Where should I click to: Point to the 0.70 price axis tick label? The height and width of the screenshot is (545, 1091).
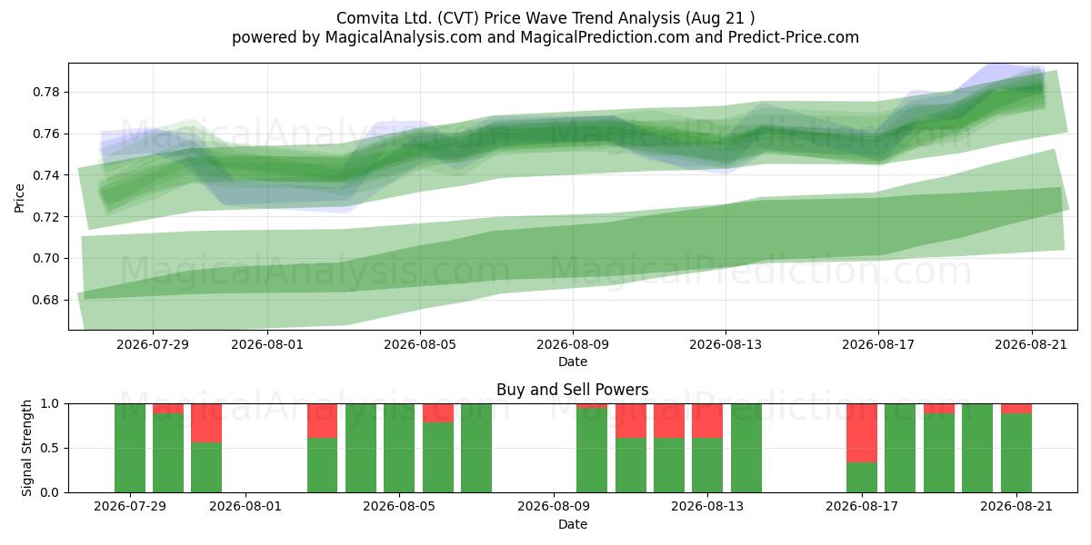pos(45,258)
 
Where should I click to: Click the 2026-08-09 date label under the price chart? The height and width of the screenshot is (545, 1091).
pos(573,344)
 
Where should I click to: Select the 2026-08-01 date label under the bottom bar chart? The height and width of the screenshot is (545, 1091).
pos(245,506)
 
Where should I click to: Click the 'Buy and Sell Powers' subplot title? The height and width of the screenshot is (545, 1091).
pos(572,390)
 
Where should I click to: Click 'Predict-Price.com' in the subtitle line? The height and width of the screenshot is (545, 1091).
pos(794,37)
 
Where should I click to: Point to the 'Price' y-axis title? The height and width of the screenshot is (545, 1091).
pos(19,198)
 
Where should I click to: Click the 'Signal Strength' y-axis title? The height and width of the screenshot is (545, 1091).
pos(26,448)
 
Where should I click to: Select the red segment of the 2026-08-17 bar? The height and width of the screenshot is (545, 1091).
pos(862,433)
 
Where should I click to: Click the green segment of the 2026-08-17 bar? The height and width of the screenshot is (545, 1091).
pos(862,478)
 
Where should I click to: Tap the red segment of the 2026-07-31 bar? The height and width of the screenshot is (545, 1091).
pos(206,423)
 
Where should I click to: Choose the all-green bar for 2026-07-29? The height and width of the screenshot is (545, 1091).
pos(130,448)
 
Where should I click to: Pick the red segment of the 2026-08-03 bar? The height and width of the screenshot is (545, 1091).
pos(322,421)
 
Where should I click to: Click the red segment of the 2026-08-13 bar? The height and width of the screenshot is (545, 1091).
pos(707,421)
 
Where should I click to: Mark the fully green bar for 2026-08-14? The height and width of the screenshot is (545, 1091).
pos(746,448)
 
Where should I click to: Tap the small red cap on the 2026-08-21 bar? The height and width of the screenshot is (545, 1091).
pos(1016,408)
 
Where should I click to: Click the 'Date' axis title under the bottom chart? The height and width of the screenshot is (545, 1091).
pos(572,524)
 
